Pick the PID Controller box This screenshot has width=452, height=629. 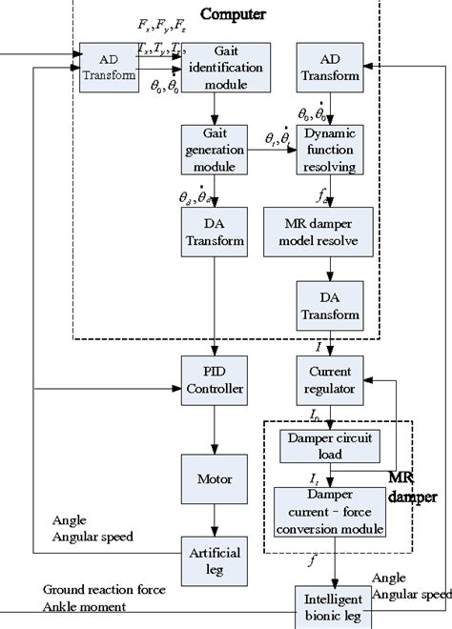pyautogui.click(x=213, y=380)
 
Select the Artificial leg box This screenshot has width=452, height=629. pyautogui.click(x=213, y=560)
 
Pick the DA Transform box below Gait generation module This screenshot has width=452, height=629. pyautogui.click(x=213, y=233)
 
